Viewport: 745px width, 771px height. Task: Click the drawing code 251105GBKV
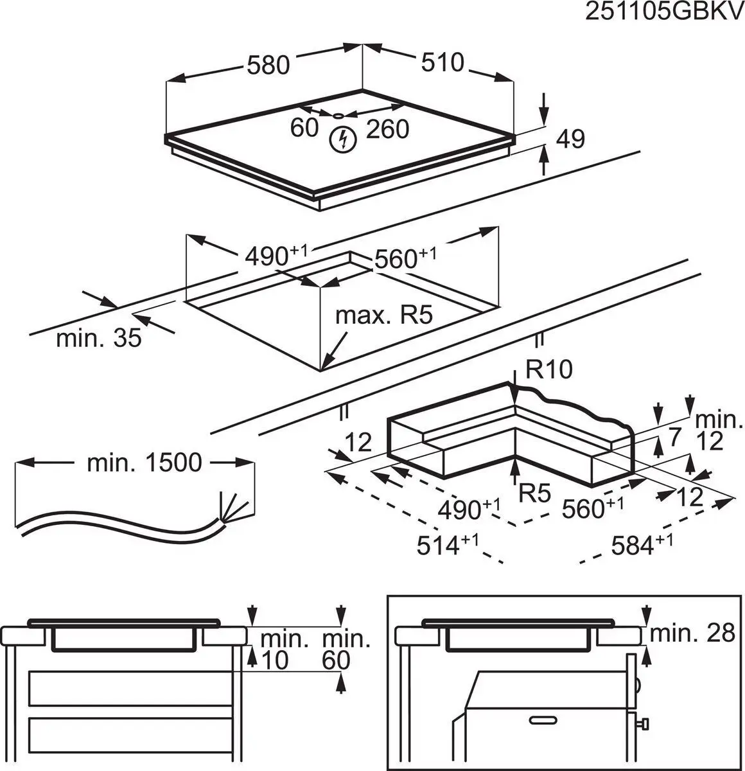click(x=663, y=13)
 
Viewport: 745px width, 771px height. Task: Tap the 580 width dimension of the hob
click(x=268, y=65)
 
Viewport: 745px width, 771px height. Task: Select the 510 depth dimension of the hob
click(x=442, y=62)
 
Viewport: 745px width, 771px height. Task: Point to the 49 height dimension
click(x=570, y=139)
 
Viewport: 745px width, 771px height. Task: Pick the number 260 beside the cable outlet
click(x=387, y=130)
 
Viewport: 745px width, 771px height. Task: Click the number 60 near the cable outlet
click(x=304, y=128)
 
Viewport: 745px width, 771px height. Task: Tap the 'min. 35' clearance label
click(x=98, y=337)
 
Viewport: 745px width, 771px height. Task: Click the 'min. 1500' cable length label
click(x=144, y=462)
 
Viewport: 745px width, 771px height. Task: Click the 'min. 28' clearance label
click(x=692, y=634)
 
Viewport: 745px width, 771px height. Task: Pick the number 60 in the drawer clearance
click(x=336, y=659)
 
